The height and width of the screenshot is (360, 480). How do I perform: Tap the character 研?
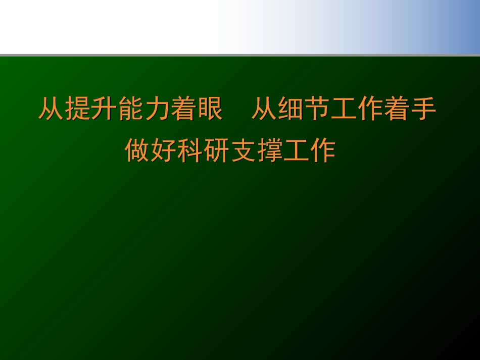(217, 150)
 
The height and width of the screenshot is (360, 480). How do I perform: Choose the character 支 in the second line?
(243, 150)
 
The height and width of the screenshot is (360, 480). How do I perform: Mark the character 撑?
(270, 150)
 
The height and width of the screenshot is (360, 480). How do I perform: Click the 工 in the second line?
(296, 150)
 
